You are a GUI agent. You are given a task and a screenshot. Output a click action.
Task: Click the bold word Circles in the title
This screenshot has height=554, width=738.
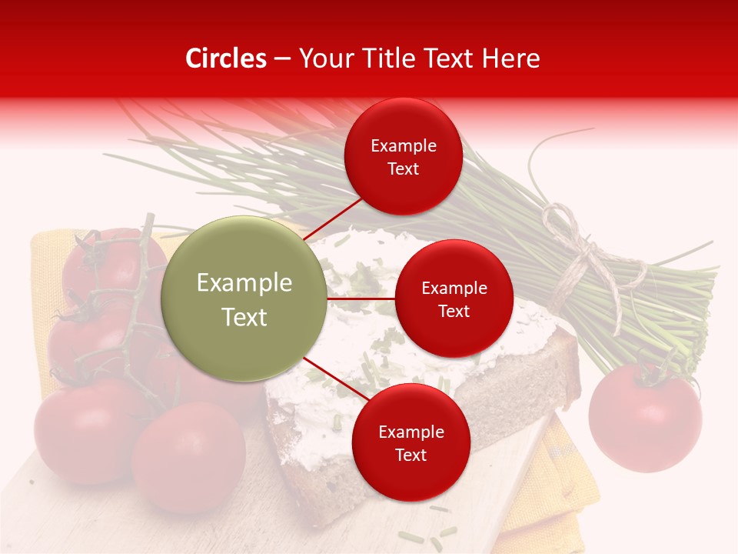[226, 58]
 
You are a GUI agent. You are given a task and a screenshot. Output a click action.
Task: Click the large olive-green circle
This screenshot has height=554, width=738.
[244, 299]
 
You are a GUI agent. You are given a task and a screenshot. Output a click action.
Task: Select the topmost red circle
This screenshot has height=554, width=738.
[403, 156]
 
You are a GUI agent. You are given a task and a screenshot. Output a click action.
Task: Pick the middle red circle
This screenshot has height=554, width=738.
[454, 299]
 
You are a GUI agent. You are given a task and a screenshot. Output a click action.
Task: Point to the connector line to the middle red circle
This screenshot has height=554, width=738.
[361, 299]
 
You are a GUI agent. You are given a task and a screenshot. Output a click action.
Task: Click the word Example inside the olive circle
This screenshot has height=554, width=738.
[244, 283]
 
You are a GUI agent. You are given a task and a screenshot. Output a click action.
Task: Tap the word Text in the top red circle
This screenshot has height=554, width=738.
[403, 169]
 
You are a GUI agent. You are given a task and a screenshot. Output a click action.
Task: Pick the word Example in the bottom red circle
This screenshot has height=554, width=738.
[411, 432]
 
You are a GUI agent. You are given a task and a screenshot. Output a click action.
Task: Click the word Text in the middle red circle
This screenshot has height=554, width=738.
[454, 312]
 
